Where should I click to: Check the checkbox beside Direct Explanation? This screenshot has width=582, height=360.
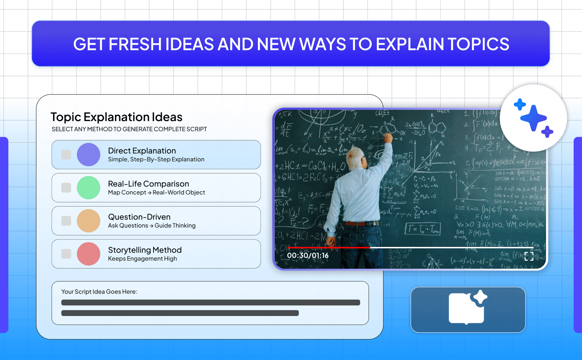click(66, 155)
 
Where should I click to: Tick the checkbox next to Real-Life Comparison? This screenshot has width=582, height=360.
click(66, 188)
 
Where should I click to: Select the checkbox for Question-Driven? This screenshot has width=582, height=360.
click(66, 221)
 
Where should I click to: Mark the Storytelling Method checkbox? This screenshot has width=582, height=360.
click(66, 254)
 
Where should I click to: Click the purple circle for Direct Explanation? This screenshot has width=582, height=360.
click(88, 155)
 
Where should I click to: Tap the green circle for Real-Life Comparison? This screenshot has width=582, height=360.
click(88, 188)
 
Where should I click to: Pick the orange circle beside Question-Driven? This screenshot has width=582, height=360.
click(88, 221)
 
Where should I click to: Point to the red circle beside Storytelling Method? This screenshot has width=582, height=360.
click(88, 254)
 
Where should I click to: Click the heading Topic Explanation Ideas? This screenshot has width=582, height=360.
click(116, 117)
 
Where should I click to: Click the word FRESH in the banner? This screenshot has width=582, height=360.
click(135, 44)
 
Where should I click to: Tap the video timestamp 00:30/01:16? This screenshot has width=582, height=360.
click(308, 256)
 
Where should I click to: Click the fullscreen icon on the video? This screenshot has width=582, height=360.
click(529, 256)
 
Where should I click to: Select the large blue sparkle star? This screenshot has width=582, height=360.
click(534, 118)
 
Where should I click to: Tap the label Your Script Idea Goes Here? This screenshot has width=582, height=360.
click(99, 292)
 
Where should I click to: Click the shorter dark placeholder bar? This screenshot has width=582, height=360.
click(180, 313)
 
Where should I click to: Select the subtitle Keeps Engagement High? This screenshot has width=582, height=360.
click(142, 259)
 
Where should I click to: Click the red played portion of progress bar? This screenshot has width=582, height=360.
click(329, 248)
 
